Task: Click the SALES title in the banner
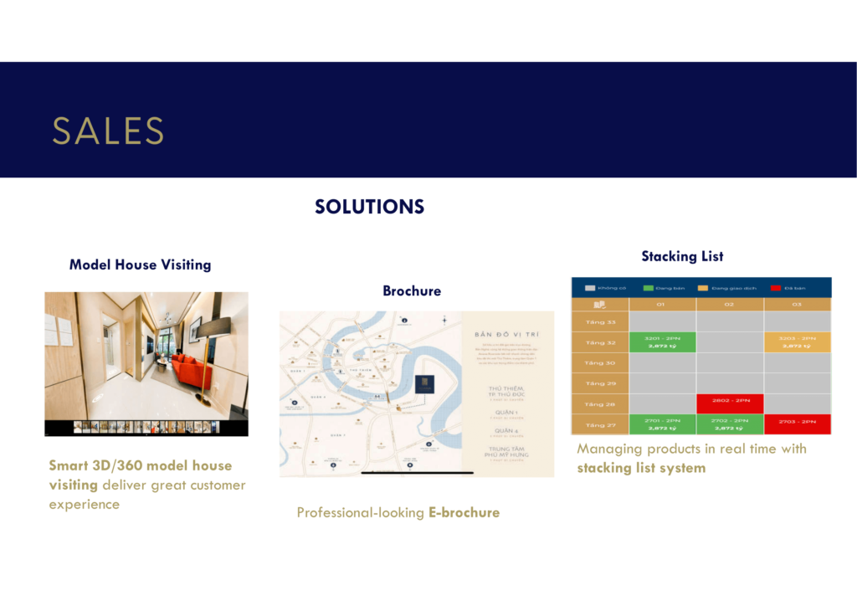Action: click(x=108, y=131)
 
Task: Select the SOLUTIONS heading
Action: click(x=369, y=207)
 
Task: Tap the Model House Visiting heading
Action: click(x=140, y=264)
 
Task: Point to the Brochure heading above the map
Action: click(x=412, y=291)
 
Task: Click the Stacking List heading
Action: click(x=682, y=256)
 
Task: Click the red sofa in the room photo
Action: click(x=192, y=371)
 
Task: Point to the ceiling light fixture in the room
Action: click(x=167, y=318)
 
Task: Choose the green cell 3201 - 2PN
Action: click(x=662, y=342)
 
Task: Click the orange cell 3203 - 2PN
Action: click(x=797, y=342)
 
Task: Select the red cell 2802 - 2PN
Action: click(x=729, y=403)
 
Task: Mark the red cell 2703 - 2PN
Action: click(x=797, y=424)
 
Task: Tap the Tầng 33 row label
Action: click(x=600, y=321)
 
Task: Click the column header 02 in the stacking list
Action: click(x=729, y=304)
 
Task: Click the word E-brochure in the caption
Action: click(x=464, y=512)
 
